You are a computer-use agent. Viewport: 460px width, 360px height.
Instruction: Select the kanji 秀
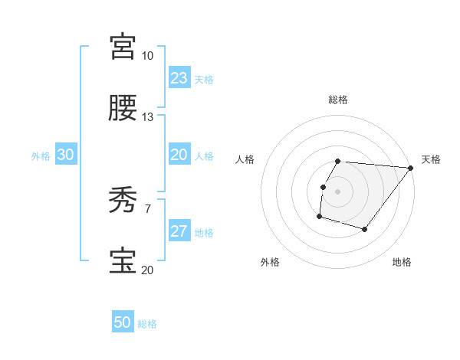point(123,201)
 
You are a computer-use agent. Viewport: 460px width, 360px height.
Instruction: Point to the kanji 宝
point(123,261)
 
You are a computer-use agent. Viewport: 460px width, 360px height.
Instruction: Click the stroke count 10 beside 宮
point(147,56)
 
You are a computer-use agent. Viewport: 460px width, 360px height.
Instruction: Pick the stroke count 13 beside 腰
point(147,117)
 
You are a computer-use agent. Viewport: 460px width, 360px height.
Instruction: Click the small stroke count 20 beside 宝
point(147,270)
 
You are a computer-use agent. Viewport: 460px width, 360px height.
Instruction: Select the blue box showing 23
point(179,78)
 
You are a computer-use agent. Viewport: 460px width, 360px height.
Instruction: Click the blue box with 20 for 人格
point(179,155)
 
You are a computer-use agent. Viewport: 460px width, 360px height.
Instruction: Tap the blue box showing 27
point(179,231)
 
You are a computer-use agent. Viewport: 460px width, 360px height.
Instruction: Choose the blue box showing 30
point(65,155)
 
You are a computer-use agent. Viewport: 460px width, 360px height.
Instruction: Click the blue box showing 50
point(123,323)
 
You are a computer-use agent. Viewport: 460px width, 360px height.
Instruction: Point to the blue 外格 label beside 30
point(41,156)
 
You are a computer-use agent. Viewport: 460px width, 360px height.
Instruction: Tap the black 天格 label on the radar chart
point(431,159)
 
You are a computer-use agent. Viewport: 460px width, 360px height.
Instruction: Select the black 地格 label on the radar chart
point(402,262)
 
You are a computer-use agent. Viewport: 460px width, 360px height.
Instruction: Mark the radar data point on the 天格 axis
point(410,168)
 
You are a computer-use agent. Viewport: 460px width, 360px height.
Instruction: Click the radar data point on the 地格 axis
point(365,229)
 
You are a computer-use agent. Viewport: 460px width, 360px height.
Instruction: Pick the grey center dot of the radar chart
point(338,191)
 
